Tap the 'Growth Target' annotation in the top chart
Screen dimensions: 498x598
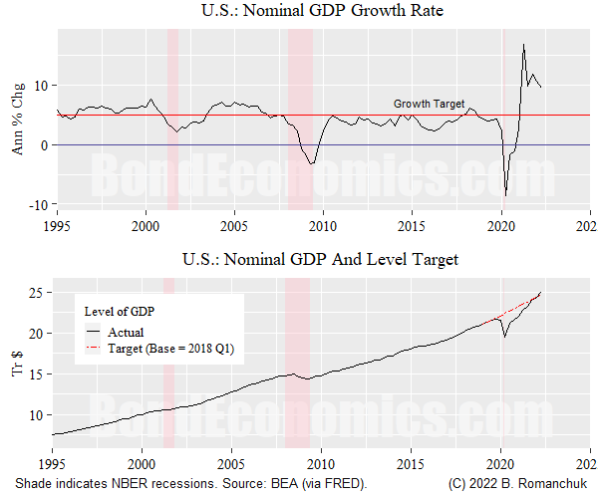(x=429, y=104)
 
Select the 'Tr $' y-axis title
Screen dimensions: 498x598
(x=18, y=366)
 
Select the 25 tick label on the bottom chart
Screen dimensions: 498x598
(x=38, y=293)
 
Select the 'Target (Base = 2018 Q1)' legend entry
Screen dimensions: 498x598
(x=169, y=349)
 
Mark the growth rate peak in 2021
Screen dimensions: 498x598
(x=523, y=44)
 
